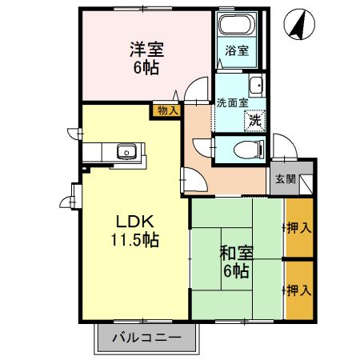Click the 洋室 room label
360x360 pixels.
145,50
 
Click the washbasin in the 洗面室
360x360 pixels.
257,86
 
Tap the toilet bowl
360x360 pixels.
243,148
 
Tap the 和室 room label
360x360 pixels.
236,254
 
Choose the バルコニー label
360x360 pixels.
146,337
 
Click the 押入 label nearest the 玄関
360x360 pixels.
300,228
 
